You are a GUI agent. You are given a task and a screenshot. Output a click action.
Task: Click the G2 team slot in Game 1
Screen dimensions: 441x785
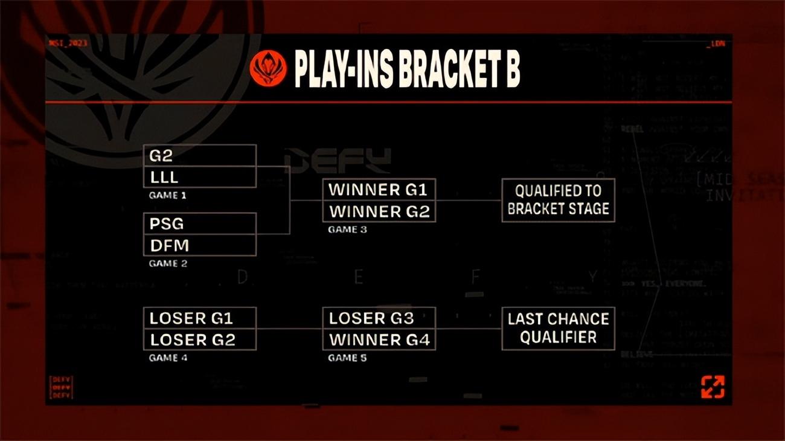(x=199, y=156)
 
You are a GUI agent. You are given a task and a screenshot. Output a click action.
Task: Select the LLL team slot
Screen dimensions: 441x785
(x=199, y=178)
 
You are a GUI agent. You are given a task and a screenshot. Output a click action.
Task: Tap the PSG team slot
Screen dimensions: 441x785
(x=199, y=224)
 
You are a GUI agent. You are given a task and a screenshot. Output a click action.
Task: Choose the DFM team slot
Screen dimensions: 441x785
(x=199, y=245)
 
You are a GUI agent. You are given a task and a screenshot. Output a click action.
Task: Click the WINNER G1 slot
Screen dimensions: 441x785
(x=379, y=190)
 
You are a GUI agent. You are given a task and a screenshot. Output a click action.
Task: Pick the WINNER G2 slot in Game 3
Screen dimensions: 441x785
(x=379, y=211)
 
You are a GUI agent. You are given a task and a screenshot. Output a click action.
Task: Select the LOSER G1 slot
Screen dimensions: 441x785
(x=199, y=318)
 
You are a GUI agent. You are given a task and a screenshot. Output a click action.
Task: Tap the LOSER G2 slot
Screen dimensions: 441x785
(x=199, y=340)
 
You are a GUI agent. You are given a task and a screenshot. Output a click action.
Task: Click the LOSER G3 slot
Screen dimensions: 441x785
(x=379, y=318)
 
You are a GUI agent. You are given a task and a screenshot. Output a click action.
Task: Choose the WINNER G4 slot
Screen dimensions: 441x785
(x=379, y=340)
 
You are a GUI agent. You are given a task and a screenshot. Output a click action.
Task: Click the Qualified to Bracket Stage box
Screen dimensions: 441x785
(x=558, y=200)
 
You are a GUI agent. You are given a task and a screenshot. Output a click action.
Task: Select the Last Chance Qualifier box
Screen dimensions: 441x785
(x=558, y=328)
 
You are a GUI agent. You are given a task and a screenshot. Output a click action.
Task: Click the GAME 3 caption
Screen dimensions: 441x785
(x=347, y=230)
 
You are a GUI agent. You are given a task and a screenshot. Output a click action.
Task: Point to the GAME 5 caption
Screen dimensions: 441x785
(x=347, y=358)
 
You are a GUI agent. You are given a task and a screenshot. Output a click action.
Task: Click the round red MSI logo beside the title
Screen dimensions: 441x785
(x=268, y=68)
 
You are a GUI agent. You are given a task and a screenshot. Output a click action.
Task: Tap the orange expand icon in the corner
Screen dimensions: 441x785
(x=713, y=387)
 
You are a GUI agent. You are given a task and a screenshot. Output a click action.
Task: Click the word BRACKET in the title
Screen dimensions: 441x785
(x=444, y=71)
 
